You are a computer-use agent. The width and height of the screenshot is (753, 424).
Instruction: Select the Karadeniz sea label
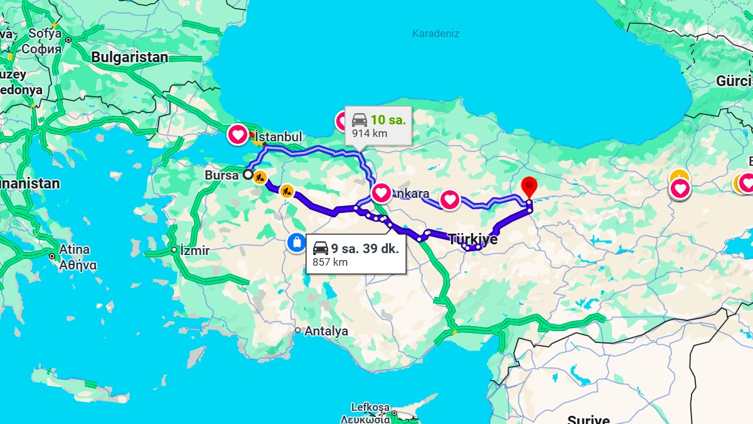coord(435,33)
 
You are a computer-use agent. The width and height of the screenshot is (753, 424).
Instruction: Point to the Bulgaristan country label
coord(130,57)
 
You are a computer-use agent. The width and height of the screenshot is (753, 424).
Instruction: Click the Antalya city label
coord(326,331)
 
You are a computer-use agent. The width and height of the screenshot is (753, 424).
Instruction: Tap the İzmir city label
coord(195,250)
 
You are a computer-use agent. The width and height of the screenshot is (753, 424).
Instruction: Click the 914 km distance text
coord(370,133)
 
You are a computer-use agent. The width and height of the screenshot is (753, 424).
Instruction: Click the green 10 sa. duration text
coord(388,119)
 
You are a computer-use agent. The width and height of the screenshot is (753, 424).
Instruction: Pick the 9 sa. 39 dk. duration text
coord(365,248)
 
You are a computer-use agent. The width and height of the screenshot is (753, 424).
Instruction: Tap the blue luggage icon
coord(296,242)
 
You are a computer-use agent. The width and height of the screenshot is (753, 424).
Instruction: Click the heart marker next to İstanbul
coord(238,134)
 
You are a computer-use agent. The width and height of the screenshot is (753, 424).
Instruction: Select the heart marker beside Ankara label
coord(382,192)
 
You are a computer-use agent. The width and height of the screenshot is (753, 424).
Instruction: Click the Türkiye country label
coord(473,239)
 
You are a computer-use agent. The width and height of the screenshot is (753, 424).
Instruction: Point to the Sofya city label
coord(45,34)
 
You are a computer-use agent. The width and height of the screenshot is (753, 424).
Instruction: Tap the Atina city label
coord(75,249)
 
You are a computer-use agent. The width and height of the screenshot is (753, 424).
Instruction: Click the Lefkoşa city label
coord(370,407)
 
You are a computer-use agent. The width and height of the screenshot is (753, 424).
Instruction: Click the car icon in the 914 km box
coord(359,120)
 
